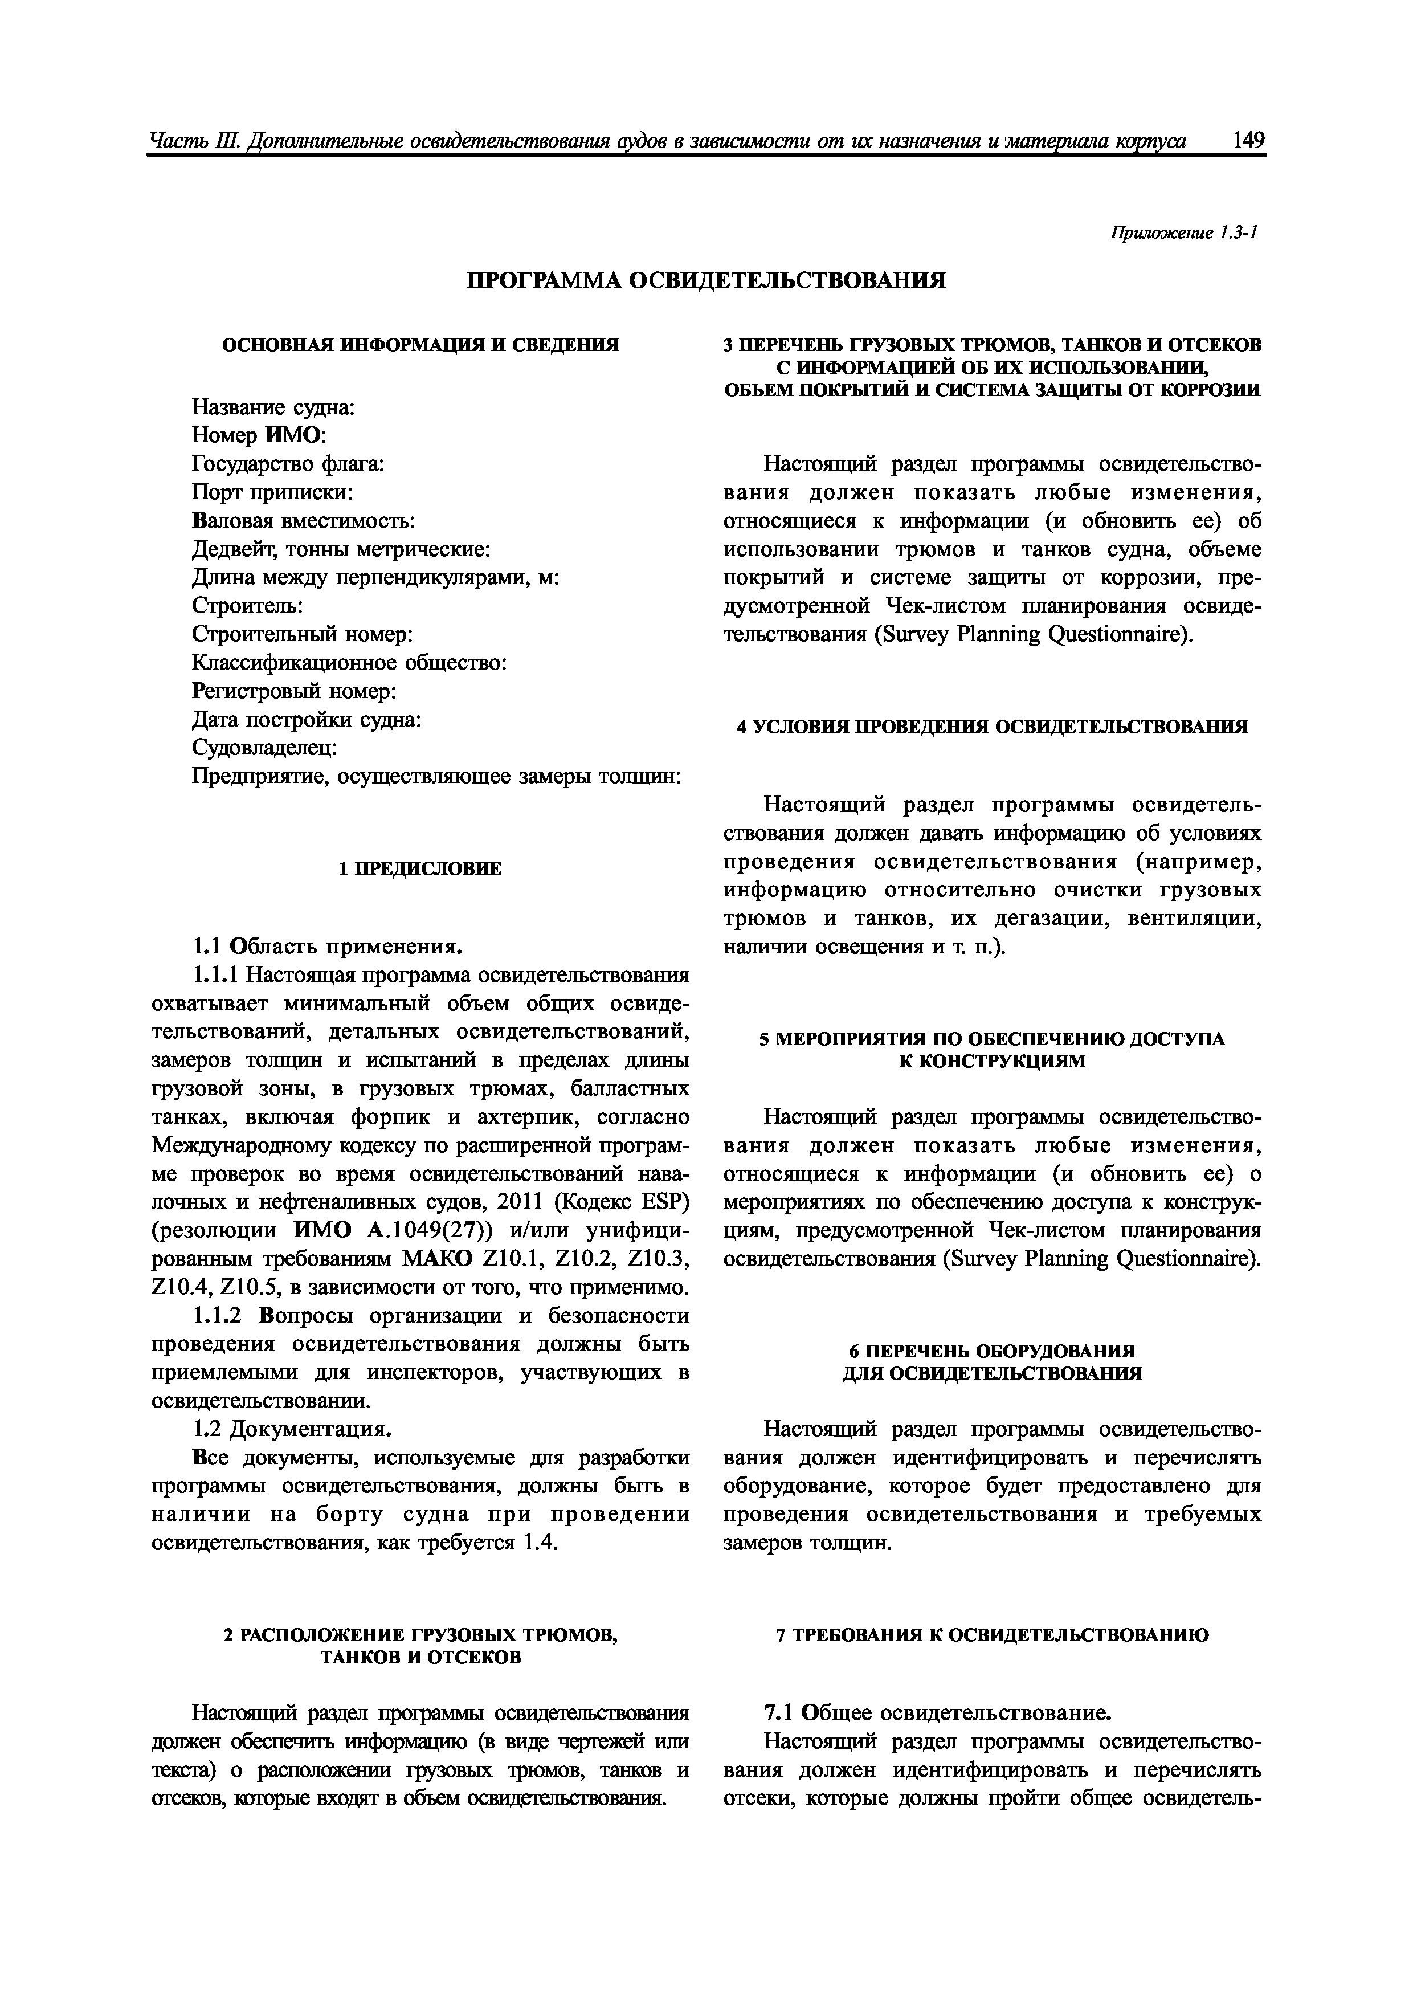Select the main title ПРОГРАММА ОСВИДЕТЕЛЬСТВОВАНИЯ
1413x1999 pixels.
point(706,280)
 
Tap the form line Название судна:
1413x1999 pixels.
point(272,407)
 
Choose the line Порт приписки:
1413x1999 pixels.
point(272,493)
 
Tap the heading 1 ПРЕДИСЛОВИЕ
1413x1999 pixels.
point(420,869)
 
